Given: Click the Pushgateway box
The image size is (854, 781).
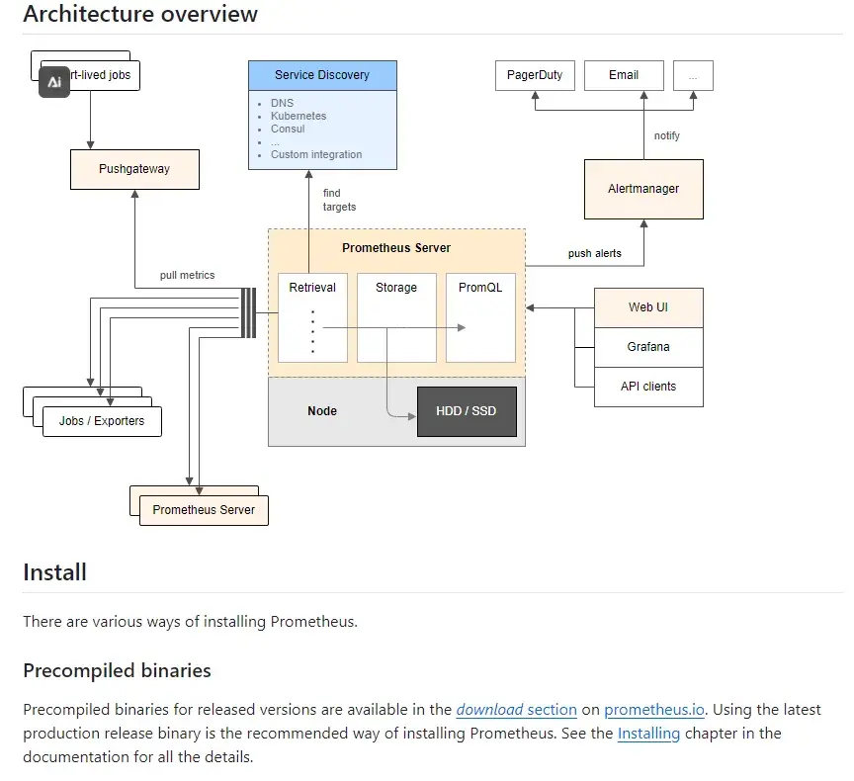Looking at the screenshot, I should (134, 169).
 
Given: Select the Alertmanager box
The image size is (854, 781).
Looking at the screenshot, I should (643, 189).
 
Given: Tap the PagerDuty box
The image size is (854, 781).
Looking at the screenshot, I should (535, 75).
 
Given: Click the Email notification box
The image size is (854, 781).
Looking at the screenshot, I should (623, 75).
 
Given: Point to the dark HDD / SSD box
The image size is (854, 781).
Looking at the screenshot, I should (467, 411).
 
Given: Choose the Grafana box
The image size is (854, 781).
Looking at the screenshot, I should (648, 347).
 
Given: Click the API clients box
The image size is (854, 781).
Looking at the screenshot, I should (648, 387).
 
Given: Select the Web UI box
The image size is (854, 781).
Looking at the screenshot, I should (648, 307).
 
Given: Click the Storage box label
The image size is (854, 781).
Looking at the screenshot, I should (396, 288).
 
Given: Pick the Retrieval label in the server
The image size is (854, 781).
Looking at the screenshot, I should (312, 288).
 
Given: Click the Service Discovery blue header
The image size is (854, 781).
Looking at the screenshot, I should (322, 75).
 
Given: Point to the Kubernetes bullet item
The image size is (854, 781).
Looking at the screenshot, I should (299, 116).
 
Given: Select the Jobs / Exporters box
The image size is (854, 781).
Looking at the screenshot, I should (102, 421).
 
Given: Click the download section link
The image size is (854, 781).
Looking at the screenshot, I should (516, 710).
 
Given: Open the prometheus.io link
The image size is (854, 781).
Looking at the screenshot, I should (653, 710).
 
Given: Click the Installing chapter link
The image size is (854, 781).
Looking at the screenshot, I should (648, 734).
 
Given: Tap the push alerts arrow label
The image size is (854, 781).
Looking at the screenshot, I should (595, 253).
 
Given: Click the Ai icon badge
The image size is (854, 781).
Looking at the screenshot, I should (54, 82).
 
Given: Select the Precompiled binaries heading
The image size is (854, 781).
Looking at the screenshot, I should (117, 670).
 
